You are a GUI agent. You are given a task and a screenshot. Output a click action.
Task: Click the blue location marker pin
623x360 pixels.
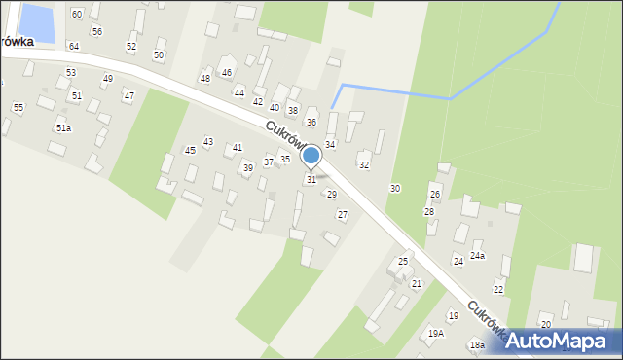pyautogui.click(x=311, y=156)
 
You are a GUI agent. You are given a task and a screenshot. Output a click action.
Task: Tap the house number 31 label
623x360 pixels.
pyautogui.click(x=311, y=180)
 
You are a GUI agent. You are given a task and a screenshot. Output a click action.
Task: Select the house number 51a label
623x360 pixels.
pyautogui.click(x=63, y=127)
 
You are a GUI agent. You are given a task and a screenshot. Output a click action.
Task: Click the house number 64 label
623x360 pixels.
pyautogui.click(x=74, y=46)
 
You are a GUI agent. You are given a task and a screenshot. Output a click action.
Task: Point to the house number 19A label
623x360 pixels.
pyautogui.click(x=435, y=333)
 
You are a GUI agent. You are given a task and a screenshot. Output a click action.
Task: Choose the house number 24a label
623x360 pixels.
pyautogui.click(x=477, y=256)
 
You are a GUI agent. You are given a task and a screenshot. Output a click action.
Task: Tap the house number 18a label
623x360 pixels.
pyautogui.click(x=477, y=344)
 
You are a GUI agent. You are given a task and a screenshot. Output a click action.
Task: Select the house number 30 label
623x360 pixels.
pyautogui.click(x=394, y=188)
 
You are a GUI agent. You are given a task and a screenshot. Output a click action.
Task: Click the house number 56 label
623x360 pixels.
pyautogui.click(x=96, y=31)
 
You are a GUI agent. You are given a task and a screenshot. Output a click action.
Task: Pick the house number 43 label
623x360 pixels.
pyautogui.click(x=208, y=142)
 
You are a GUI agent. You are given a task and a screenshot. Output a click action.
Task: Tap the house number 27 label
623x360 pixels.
pyautogui.click(x=343, y=214)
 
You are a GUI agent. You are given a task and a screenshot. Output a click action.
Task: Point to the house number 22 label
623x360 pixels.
pyautogui.click(x=498, y=290)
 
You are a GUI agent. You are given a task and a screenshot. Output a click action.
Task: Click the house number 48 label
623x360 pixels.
pyautogui.click(x=205, y=78)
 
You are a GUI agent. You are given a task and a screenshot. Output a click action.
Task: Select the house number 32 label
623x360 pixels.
pyautogui.click(x=364, y=165)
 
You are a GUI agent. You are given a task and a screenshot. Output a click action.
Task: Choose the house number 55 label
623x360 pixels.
pyautogui.click(x=18, y=107)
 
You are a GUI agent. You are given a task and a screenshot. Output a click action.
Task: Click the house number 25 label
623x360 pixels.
pyautogui.click(x=403, y=262)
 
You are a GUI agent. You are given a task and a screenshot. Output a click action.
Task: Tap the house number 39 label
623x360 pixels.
pyautogui.click(x=248, y=168)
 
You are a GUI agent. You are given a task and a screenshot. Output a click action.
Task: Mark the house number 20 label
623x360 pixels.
pyautogui.click(x=546, y=324)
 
